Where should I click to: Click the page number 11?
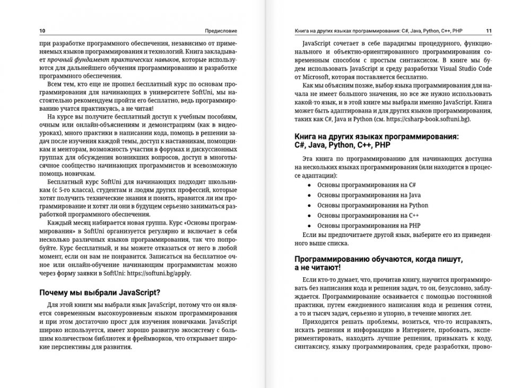coord(489,30)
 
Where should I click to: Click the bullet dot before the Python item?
coord(309,205)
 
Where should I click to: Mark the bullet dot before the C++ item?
coord(309,215)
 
